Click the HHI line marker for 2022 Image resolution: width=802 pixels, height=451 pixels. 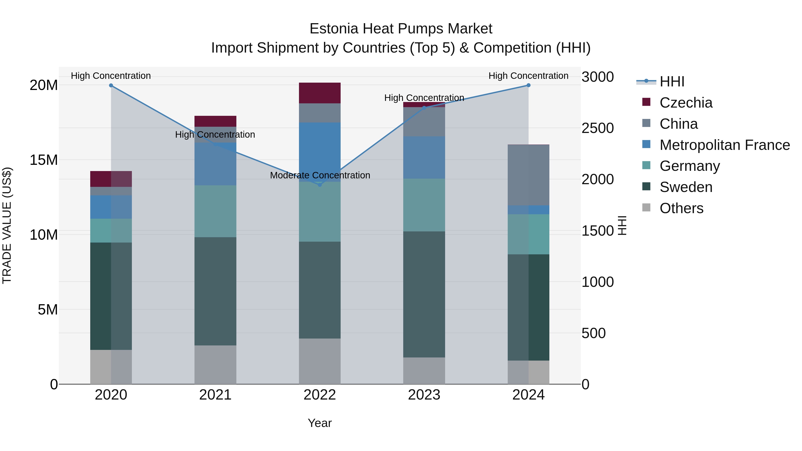(319, 185)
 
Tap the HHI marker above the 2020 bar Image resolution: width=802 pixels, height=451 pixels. (111, 85)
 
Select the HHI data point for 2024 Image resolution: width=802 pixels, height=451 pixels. (528, 85)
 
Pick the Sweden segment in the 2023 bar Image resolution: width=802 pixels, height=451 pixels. (424, 294)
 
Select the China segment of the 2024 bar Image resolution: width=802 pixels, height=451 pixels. (528, 175)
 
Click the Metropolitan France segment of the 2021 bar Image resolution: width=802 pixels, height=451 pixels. (215, 164)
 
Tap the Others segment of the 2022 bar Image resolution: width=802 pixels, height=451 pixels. (319, 361)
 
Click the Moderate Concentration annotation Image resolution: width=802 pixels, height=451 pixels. (320, 175)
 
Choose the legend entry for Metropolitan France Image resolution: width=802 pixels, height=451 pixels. (724, 145)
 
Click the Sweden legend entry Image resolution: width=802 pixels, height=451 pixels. (686, 187)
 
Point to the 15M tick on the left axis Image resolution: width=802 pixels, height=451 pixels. (44, 160)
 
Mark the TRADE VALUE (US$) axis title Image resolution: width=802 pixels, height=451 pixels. (7, 225)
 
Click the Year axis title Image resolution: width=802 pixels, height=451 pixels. (319, 423)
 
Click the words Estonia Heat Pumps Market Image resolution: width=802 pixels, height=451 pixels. (401, 29)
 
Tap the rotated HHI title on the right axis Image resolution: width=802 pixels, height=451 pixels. (622, 225)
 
